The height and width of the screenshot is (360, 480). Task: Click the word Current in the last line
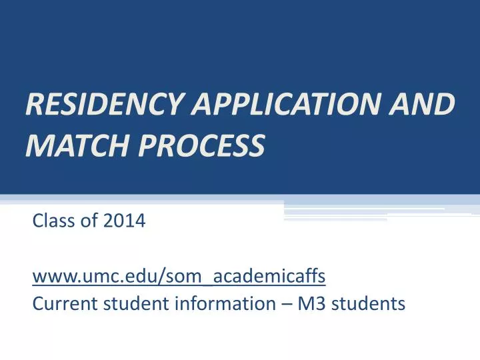tap(59, 304)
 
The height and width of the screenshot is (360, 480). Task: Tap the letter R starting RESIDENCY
tap(33, 105)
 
